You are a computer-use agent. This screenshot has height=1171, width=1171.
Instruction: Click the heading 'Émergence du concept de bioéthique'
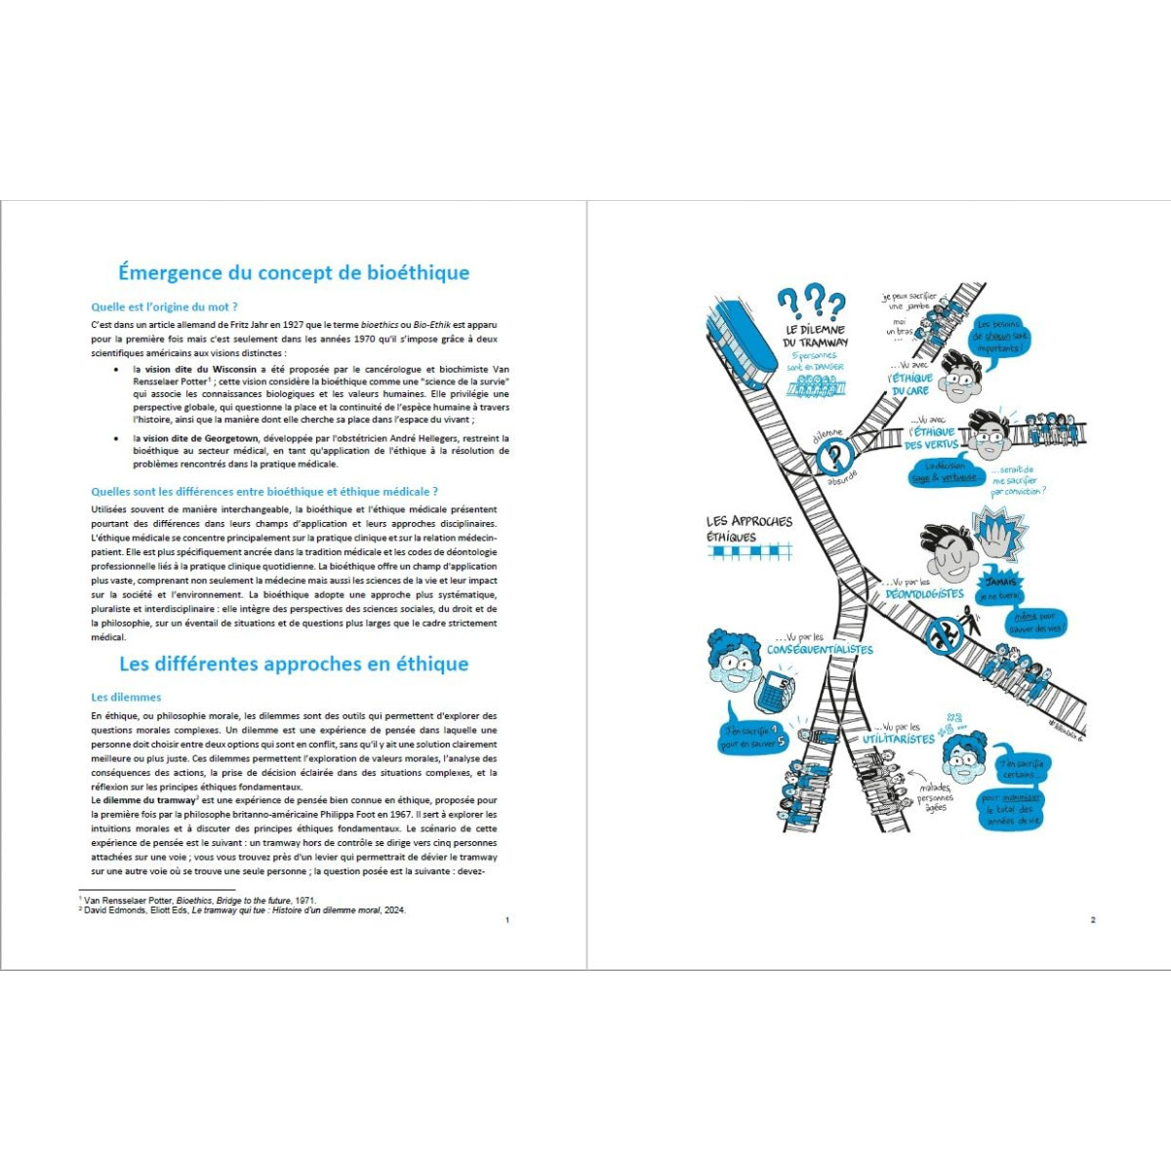coord(293,272)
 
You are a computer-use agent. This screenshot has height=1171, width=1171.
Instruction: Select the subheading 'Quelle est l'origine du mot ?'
coord(164,306)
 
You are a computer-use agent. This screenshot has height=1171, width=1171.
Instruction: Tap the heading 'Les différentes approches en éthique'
coord(293,664)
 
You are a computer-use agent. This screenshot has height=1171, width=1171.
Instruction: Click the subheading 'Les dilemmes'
coord(126,697)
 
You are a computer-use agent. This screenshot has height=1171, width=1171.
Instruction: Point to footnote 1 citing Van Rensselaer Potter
coord(200,900)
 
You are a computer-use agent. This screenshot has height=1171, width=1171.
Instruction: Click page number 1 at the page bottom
coord(506,920)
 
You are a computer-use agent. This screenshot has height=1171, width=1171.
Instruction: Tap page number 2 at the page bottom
coord(1093,920)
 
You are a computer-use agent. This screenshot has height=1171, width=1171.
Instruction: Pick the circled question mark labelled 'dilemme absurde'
coord(835,457)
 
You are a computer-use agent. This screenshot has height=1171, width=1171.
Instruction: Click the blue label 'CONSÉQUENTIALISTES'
coord(820,650)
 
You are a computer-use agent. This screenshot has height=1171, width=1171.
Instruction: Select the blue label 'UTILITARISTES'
coord(898,740)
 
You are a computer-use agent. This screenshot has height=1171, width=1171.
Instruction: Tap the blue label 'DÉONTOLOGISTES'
coord(924,593)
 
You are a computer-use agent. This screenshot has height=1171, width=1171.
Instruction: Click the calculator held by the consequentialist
coord(774,691)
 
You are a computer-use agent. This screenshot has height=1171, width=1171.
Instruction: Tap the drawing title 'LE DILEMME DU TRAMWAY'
coord(816,336)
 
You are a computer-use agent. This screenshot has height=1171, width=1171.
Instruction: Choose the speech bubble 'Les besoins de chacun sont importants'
coord(1000,337)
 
